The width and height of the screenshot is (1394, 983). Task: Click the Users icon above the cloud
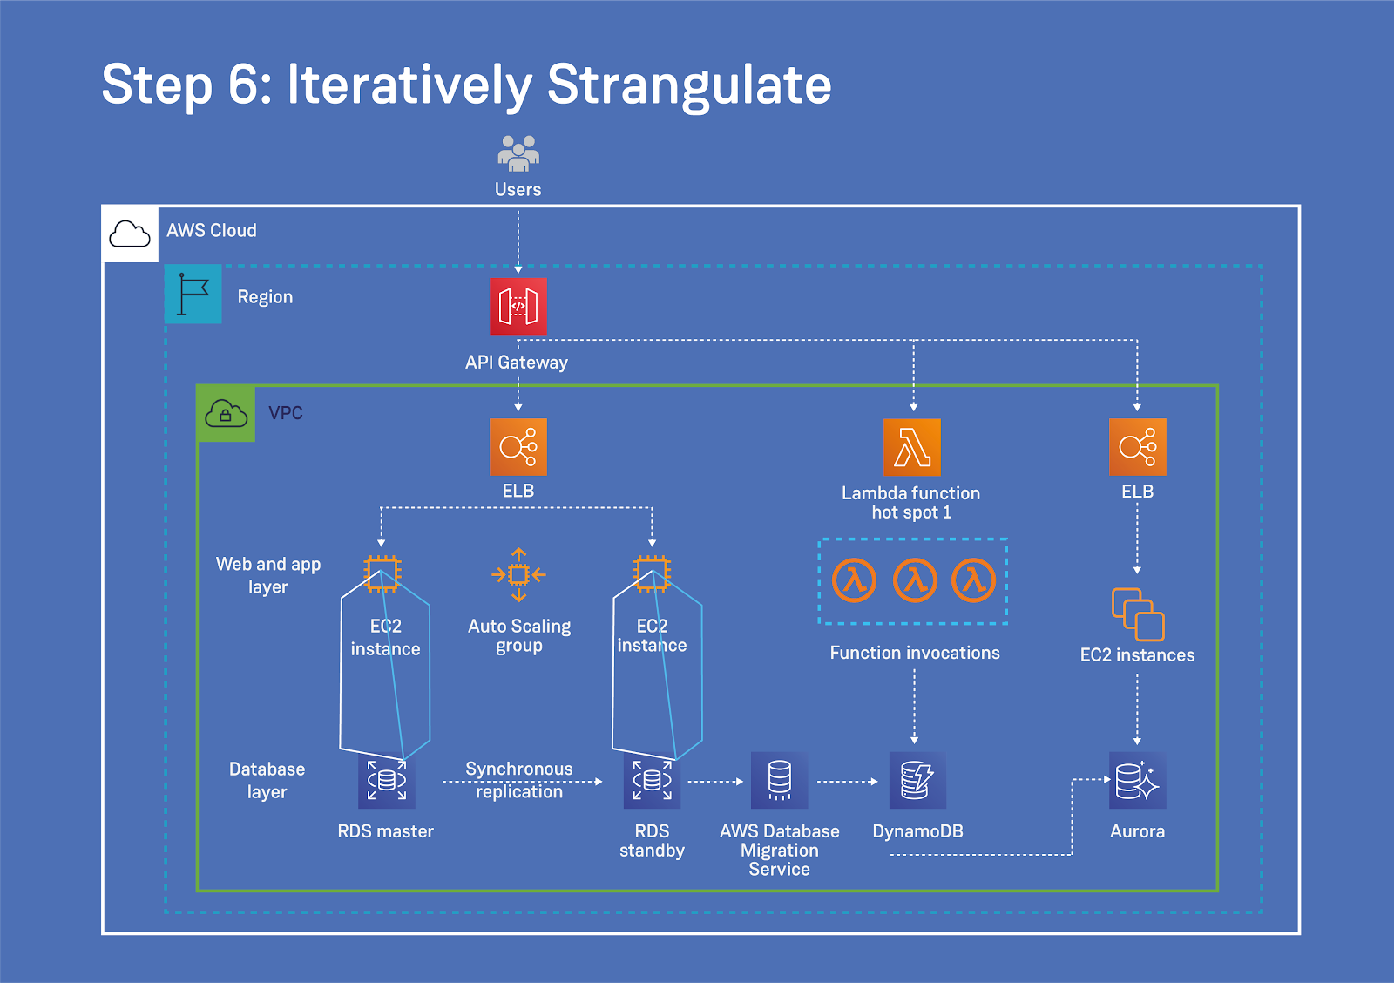[x=518, y=153]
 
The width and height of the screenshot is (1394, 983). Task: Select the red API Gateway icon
[x=518, y=307]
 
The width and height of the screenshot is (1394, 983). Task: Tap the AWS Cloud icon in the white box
[x=130, y=234]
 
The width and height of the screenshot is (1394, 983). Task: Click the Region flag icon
[x=193, y=295]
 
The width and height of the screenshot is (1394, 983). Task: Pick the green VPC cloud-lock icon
[x=227, y=414]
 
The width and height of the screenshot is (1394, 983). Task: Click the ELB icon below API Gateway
[x=518, y=447]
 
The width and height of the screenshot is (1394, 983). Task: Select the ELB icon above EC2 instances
[x=1137, y=447]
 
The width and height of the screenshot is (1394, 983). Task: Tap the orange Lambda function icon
[x=912, y=447]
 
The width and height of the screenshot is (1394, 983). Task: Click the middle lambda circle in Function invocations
[x=915, y=580]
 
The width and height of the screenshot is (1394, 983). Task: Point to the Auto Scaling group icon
[x=518, y=575]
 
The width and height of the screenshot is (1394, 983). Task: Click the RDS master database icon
[x=387, y=781]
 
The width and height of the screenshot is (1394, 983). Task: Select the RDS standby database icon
[x=652, y=781]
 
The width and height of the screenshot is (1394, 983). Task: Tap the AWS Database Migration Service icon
[x=780, y=781]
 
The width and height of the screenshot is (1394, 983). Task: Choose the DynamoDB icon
[x=917, y=781]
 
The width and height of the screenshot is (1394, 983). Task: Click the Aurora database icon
[x=1137, y=781]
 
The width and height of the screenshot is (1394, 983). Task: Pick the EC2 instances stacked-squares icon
[x=1137, y=614]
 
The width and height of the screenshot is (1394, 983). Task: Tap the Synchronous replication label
[x=519, y=780]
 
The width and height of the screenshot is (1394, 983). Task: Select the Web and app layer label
[x=268, y=575]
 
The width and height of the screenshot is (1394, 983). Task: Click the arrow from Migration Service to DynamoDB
[x=848, y=782]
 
